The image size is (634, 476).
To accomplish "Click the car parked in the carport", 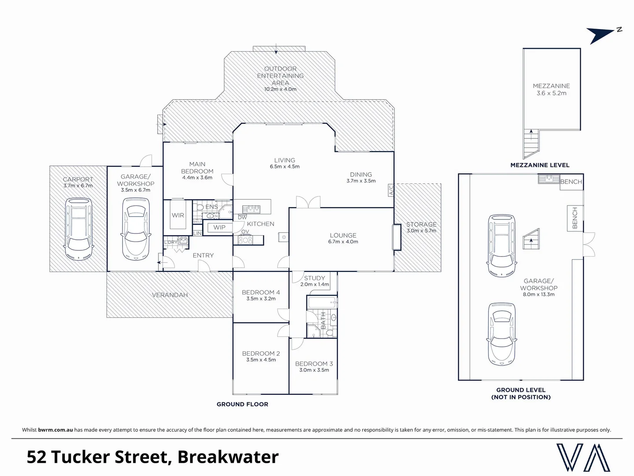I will (x=78, y=229).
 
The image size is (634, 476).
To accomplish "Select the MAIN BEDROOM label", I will (x=197, y=167).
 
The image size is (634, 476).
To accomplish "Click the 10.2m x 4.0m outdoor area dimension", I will (x=280, y=89).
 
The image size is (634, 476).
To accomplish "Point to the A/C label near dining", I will (x=391, y=190).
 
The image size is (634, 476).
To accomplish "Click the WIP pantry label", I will (x=219, y=227).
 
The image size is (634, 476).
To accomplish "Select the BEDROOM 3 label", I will (x=314, y=364).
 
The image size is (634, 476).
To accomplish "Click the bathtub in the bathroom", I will (x=322, y=302).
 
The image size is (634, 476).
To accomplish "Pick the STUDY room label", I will (x=314, y=278).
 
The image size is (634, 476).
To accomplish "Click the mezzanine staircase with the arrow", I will (x=531, y=143).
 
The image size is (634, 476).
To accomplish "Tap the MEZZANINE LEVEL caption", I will (x=540, y=165).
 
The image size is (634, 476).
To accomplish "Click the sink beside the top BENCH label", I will (x=548, y=179).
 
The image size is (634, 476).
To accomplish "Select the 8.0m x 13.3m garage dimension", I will (x=538, y=294).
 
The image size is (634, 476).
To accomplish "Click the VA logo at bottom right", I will (x=583, y=457).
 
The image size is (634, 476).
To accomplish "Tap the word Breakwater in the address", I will (x=228, y=457).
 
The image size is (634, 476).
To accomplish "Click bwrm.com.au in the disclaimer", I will (x=55, y=430).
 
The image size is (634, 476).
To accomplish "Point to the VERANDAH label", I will (x=170, y=295).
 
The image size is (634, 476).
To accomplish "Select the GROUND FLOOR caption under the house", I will (x=242, y=404).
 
